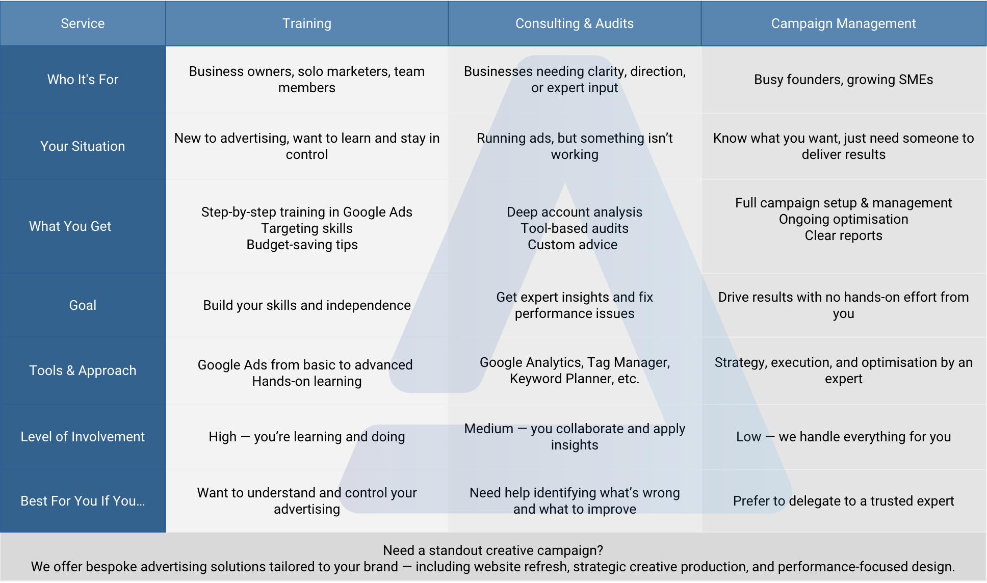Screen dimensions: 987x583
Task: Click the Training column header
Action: pyautogui.click(x=306, y=23)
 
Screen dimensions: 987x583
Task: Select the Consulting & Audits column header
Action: pyautogui.click(x=574, y=23)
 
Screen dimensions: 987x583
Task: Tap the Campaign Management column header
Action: pyautogui.click(x=843, y=23)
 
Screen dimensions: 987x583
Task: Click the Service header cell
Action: pyautogui.click(x=83, y=23)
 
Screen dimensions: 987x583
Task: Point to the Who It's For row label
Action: pyautogui.click(x=83, y=79)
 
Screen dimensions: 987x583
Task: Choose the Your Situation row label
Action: pyautogui.click(x=83, y=146)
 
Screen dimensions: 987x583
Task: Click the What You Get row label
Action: pyautogui.click(x=70, y=226)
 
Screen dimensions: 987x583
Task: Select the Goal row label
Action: pyautogui.click(x=83, y=305)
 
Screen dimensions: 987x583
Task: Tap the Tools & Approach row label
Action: pyautogui.click(x=83, y=370)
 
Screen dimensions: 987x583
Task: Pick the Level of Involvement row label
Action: pyautogui.click(x=83, y=437)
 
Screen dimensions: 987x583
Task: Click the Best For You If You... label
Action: pyautogui.click(x=83, y=501)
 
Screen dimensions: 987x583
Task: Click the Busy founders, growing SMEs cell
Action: pyautogui.click(x=843, y=79)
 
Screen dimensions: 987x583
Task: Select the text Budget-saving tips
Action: pyautogui.click(x=302, y=245)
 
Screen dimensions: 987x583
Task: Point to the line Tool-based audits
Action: pyautogui.click(x=574, y=228)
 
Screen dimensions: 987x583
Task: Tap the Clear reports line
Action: pyautogui.click(x=843, y=235)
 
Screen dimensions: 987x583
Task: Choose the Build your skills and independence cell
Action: pyautogui.click(x=306, y=305)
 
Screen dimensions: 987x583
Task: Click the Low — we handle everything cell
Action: pyautogui.click(x=843, y=437)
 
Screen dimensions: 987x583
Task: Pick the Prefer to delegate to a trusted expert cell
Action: pyautogui.click(x=843, y=501)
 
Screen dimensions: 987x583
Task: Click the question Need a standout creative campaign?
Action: pyautogui.click(x=492, y=550)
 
